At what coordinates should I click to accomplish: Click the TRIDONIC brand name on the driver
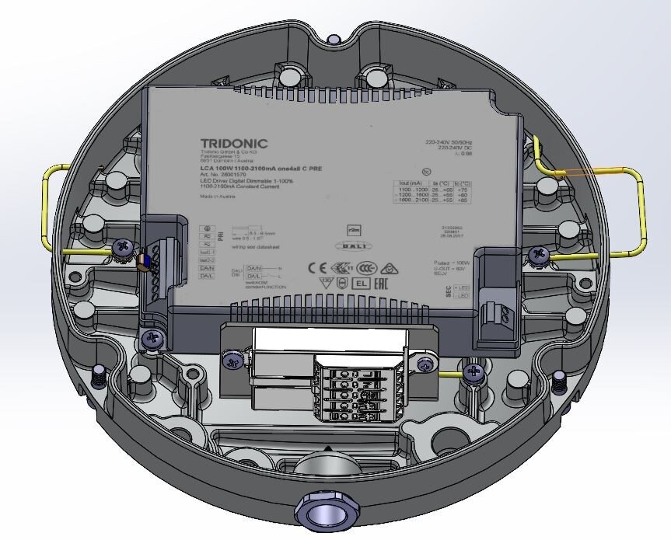tap(233, 143)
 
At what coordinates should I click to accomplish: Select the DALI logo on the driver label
tap(350, 246)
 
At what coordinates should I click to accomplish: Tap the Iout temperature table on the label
tap(421, 191)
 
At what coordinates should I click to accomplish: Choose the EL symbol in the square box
tap(360, 284)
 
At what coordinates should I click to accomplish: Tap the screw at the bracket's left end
tap(231, 360)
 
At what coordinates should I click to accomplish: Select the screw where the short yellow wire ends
tap(472, 373)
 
